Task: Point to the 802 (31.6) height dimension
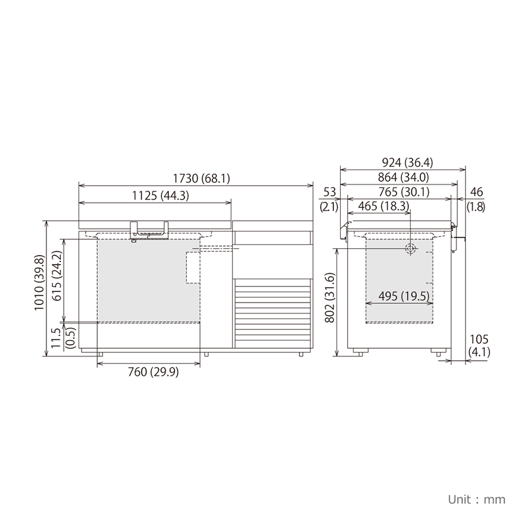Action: (329, 298)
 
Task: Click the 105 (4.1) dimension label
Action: (479, 345)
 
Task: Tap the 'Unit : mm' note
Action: (476, 499)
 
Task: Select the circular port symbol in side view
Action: (410, 249)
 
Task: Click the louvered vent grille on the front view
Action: (273, 313)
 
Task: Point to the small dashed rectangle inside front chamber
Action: (194, 267)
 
